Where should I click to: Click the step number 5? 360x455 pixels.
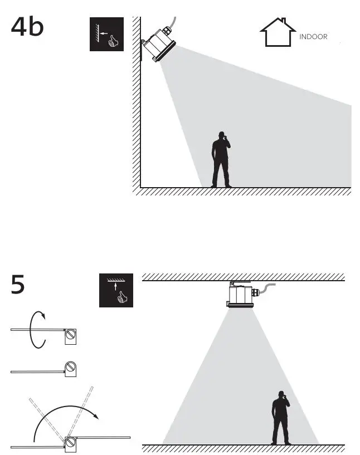click(x=18, y=285)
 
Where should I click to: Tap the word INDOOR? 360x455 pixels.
click(x=313, y=37)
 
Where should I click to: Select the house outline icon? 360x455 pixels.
click(x=278, y=33)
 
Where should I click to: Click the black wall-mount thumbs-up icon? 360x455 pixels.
click(x=106, y=35)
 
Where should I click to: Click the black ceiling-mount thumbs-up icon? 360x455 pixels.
click(x=116, y=290)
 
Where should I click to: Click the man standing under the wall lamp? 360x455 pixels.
click(x=221, y=160)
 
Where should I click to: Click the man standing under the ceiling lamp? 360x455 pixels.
click(x=281, y=417)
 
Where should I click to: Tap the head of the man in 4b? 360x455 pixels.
click(x=222, y=135)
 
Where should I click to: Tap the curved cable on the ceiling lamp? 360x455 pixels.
click(x=269, y=286)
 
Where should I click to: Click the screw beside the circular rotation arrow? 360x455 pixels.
click(x=71, y=335)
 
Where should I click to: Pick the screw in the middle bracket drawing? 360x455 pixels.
click(x=71, y=368)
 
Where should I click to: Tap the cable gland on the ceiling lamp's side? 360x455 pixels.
click(x=255, y=292)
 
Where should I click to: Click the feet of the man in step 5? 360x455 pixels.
click(x=281, y=443)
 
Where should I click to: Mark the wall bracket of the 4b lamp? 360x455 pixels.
click(x=145, y=44)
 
